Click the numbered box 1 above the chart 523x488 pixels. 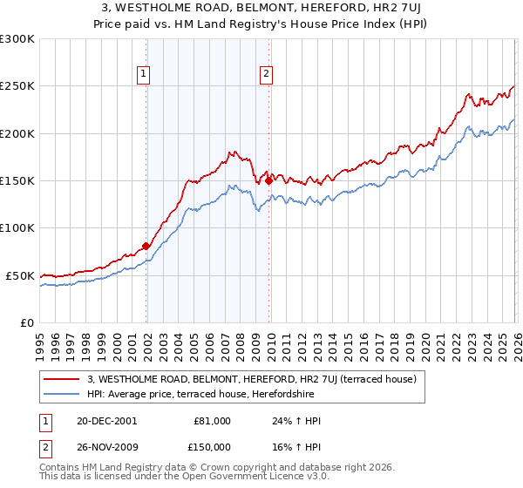(143, 75)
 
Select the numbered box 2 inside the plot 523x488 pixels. (265, 75)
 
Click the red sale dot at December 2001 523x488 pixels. (146, 246)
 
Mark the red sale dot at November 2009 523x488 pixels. (268, 180)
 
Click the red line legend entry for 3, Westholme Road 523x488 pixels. (252, 379)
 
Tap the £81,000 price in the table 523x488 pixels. (213, 421)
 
